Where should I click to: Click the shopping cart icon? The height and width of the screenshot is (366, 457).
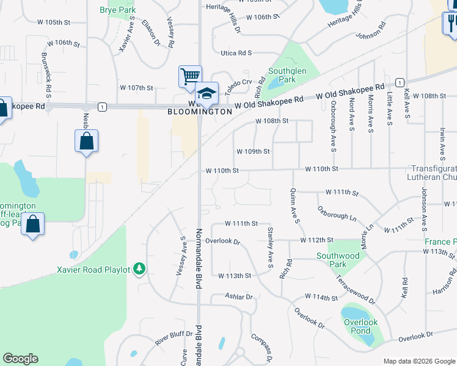(x=190, y=76)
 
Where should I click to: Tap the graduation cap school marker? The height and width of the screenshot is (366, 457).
(x=207, y=93)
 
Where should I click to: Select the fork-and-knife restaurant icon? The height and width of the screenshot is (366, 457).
(x=451, y=23)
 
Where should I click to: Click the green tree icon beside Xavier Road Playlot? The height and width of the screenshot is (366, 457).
(x=140, y=269)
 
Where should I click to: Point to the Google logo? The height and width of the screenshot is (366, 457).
(x=20, y=359)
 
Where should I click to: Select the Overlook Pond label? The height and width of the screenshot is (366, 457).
(x=361, y=326)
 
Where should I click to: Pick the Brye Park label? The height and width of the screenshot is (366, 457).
(x=117, y=10)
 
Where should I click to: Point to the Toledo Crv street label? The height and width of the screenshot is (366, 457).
(x=238, y=86)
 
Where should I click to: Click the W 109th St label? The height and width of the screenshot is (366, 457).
(x=253, y=151)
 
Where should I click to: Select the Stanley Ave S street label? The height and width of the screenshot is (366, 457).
(x=269, y=247)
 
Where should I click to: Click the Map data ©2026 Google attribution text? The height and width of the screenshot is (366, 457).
(x=419, y=361)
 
